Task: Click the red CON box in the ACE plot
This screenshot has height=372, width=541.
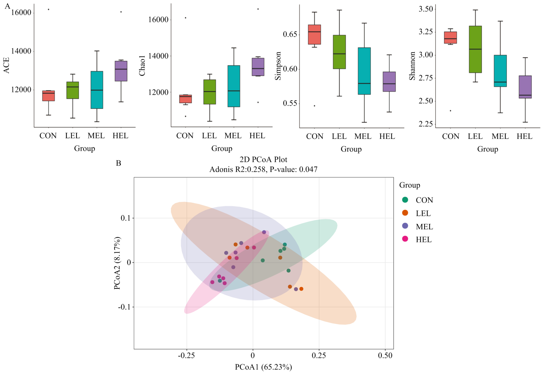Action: [48, 96]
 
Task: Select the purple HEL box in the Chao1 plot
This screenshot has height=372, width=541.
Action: [258, 67]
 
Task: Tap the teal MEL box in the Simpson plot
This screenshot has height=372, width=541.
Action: [364, 71]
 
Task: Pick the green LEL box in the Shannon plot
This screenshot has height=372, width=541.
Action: [475, 49]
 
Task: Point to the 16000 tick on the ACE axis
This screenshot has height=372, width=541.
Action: [21, 13]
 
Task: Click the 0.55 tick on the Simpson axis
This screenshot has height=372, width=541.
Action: [290, 103]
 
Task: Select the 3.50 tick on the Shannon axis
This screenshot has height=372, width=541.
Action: [425, 9]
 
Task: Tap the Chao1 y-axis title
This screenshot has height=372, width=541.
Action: [142, 65]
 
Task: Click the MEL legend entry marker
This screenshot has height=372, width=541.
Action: [405, 226]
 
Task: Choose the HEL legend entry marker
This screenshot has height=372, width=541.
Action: [405, 239]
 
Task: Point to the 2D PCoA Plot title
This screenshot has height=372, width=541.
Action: [263, 160]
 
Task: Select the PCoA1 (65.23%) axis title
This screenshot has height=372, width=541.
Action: [263, 367]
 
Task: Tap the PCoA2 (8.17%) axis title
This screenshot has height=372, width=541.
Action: [117, 263]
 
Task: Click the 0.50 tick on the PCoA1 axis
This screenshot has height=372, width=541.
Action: [385, 355]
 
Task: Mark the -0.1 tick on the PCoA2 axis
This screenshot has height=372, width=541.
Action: [123, 307]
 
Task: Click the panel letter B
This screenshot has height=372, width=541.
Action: [118, 163]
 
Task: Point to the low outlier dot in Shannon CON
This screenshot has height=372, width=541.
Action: [450, 111]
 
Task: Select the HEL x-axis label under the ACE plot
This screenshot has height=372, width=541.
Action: [120, 136]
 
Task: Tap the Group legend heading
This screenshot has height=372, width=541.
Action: [409, 185]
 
